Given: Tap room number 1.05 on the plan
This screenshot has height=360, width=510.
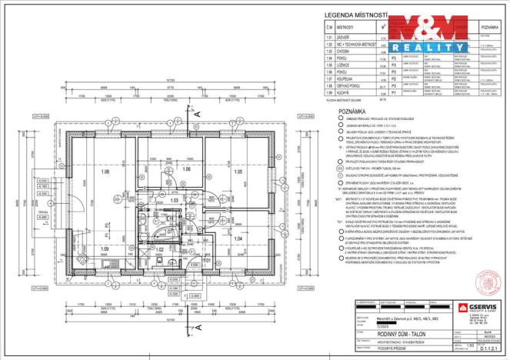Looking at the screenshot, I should click(238, 172).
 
